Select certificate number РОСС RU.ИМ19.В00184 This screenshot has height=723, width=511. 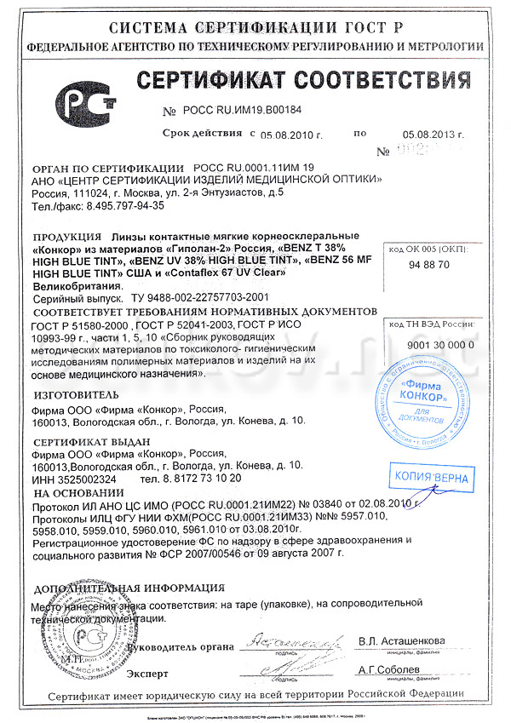(242, 111)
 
